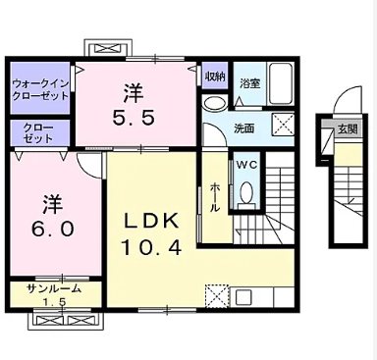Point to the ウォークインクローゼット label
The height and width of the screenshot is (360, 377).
point(40,90)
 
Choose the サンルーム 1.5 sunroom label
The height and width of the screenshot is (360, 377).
point(54,294)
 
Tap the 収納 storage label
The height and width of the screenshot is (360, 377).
point(215,76)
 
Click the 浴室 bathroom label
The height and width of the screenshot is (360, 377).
point(250,84)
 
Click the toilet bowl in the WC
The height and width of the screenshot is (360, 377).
point(246,192)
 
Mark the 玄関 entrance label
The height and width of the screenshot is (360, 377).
point(347,129)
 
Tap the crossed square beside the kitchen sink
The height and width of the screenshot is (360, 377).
point(216,292)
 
